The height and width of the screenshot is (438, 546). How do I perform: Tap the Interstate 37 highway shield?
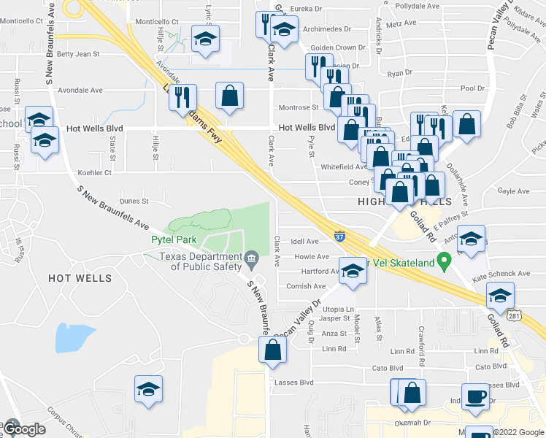(x=340, y=237)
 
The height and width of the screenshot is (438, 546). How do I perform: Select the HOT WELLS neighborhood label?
(x=80, y=278)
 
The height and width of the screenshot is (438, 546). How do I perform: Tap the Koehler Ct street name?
(x=95, y=173)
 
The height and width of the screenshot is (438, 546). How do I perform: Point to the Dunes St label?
(x=134, y=201)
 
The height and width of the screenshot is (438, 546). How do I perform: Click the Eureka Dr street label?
(x=307, y=9)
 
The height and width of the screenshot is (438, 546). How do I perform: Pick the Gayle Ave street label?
(x=513, y=191)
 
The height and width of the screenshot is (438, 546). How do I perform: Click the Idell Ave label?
(x=305, y=242)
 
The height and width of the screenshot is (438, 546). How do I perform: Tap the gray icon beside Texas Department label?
(x=250, y=257)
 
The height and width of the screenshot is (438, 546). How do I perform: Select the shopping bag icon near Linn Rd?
(x=272, y=350)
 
